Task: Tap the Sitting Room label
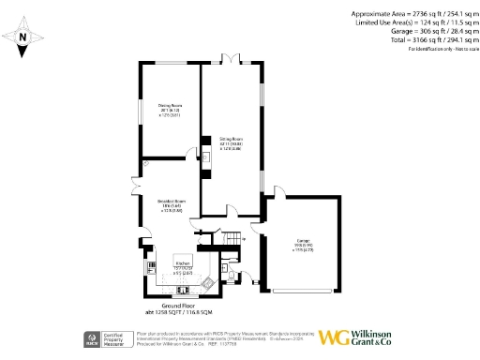tap(232, 143)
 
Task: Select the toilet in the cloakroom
tap(231, 277)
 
